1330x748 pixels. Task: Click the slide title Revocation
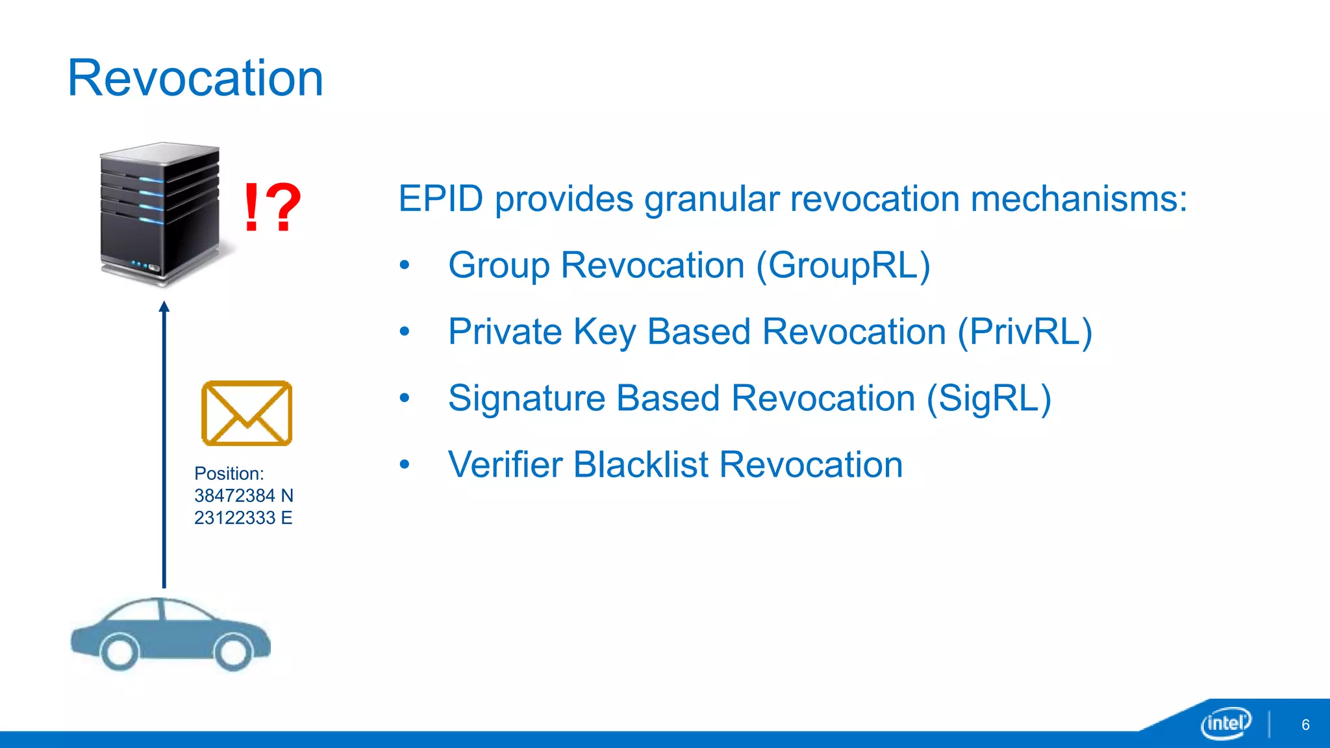click(x=195, y=78)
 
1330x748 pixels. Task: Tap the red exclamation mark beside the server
click(x=251, y=207)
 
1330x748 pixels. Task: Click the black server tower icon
click(x=160, y=214)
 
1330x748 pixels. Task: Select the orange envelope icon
click(x=247, y=414)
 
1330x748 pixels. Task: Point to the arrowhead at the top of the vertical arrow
click(x=164, y=306)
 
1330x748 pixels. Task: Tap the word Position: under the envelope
click(x=229, y=473)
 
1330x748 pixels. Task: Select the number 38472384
click(x=234, y=495)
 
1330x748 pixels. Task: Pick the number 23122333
click(x=234, y=517)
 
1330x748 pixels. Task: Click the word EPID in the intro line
click(x=440, y=199)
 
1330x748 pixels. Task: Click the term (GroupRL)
click(x=843, y=266)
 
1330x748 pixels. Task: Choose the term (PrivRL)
click(x=1025, y=332)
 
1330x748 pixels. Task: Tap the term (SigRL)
click(x=988, y=398)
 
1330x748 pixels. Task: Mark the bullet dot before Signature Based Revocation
click(x=405, y=398)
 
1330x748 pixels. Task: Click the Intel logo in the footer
click(x=1225, y=723)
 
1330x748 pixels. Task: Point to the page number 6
click(x=1305, y=725)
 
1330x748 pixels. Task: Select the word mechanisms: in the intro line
click(x=1079, y=199)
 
